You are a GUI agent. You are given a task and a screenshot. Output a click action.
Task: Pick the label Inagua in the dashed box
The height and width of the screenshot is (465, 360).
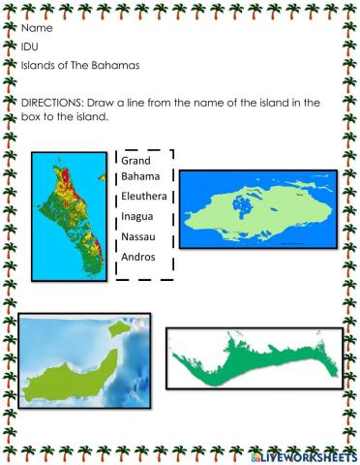139,217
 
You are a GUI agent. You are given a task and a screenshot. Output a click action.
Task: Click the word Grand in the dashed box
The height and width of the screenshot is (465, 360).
138,160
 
